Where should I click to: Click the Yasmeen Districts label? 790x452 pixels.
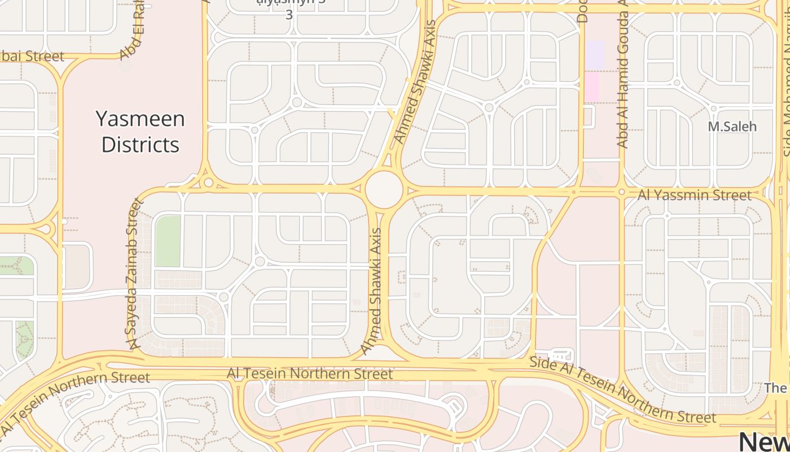click(x=141, y=132)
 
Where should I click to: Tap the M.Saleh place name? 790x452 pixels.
click(x=732, y=127)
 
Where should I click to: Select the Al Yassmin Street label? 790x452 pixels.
click(x=695, y=195)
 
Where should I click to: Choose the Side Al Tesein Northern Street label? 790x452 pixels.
click(x=622, y=390)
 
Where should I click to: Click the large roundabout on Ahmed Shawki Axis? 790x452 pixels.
click(x=384, y=190)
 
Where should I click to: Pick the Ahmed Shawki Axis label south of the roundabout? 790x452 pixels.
click(x=372, y=291)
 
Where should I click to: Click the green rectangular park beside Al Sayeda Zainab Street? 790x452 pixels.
click(x=168, y=241)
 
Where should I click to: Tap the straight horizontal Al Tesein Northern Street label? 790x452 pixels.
click(x=309, y=373)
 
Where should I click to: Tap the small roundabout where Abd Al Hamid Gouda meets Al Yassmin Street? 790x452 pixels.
click(x=621, y=193)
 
